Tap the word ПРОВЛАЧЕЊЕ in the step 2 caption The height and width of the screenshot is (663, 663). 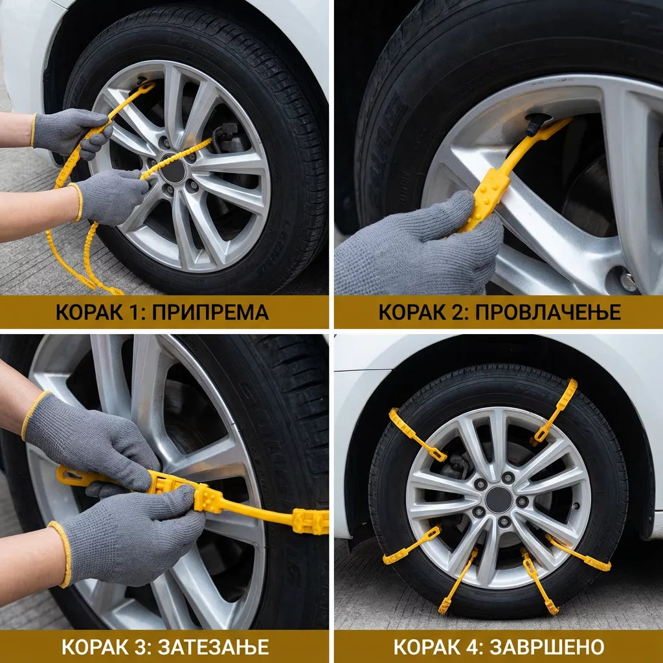(548, 312)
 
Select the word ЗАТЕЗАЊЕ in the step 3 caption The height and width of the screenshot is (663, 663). (214, 646)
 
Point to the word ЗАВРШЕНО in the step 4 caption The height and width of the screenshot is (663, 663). (547, 646)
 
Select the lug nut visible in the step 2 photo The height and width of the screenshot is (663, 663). (627, 280)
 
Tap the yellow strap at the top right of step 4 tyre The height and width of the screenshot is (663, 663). (556, 411)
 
